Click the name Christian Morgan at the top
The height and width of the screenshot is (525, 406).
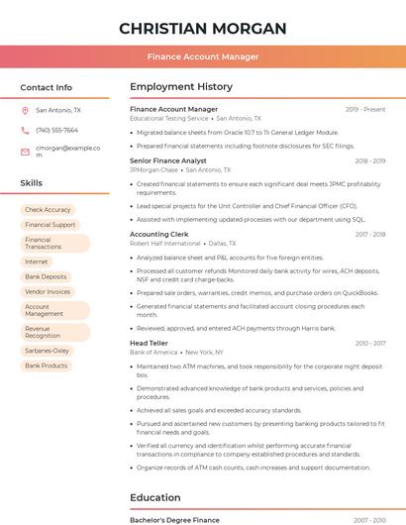tap(202, 28)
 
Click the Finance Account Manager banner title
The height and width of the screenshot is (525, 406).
tap(202, 56)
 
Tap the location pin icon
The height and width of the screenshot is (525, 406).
tap(25, 111)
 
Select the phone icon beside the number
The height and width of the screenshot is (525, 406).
tap(25, 130)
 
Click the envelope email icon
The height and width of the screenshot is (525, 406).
tap(25, 151)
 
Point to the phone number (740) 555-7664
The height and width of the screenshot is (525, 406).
tap(56, 130)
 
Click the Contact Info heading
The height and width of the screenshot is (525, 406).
tap(46, 87)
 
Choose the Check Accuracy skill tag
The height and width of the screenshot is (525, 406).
tap(48, 210)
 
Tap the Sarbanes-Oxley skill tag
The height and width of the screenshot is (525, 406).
tap(48, 351)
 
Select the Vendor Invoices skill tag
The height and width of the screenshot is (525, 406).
tap(48, 292)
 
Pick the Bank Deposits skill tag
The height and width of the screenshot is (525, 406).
tap(46, 277)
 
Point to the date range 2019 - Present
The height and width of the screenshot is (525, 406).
tap(365, 109)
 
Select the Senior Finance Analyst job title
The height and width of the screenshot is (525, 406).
tap(167, 160)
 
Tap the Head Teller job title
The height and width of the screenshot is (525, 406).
tap(150, 344)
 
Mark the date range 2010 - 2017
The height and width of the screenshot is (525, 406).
tap(370, 344)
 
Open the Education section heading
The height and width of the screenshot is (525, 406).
tap(154, 497)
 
